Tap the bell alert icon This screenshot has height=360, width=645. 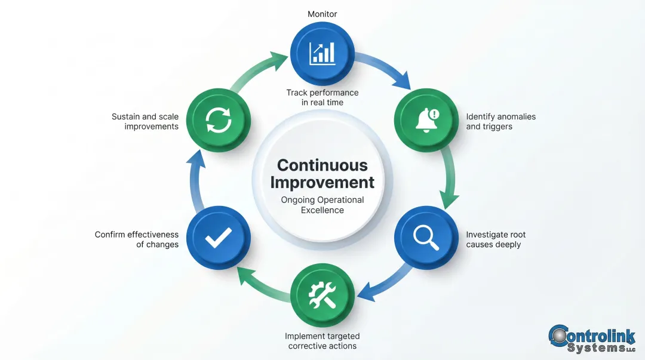(426, 119)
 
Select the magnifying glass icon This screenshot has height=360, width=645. (426, 238)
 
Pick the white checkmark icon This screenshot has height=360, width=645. (218, 238)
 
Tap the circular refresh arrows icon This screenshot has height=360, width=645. (218, 119)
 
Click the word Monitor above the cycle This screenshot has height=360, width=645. (322, 14)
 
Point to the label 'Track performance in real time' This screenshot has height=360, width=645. (322, 97)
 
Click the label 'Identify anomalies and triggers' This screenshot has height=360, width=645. (500, 121)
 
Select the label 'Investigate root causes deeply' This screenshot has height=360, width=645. (496, 239)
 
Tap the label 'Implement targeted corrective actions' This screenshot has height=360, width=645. (322, 341)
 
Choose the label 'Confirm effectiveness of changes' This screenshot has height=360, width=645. (137, 239)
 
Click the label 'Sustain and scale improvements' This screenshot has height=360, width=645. (145, 121)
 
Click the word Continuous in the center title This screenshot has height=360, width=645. (322, 165)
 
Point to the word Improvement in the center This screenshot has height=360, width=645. (322, 182)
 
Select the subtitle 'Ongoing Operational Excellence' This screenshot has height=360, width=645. (322, 205)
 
